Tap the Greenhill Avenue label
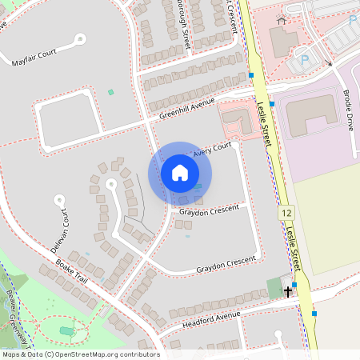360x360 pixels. (187, 109)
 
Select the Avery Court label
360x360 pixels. (211, 147)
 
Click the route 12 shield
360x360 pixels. (286, 214)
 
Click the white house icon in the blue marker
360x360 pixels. (179, 173)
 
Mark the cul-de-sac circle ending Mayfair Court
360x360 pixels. (80, 38)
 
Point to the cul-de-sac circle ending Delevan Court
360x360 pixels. (58, 198)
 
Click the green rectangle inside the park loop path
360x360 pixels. (66, 330)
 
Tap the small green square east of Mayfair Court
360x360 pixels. (110, 92)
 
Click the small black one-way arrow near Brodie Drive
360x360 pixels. (329, 62)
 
